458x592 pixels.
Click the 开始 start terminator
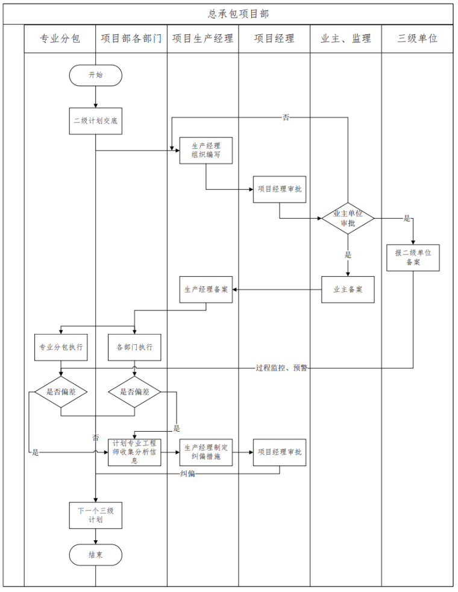95,75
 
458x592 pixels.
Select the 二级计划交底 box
95,121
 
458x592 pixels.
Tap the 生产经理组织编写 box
205,150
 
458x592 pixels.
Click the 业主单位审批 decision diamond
348,218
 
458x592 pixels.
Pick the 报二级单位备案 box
413,257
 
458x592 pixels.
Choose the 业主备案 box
348,289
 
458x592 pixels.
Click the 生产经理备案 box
205,289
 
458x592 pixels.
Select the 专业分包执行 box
61,347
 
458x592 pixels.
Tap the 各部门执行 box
134,347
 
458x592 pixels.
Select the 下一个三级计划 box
95,514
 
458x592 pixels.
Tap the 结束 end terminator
95,555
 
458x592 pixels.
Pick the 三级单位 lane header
417,39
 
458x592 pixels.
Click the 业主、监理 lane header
346,39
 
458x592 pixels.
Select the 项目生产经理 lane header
202,39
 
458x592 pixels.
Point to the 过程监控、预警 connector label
281,368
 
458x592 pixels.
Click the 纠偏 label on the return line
188,474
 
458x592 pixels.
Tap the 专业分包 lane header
60,39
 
